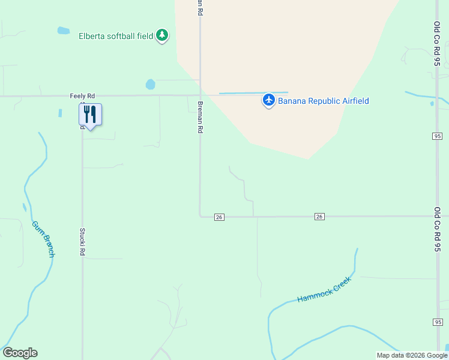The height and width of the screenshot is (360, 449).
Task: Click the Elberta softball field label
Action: (x=116, y=36)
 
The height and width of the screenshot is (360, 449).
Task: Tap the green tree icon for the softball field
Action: (x=162, y=35)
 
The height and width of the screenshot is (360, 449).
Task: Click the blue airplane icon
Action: (x=268, y=100)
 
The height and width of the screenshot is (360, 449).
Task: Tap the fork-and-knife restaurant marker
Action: (x=90, y=114)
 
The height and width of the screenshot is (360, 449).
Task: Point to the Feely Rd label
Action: (x=82, y=96)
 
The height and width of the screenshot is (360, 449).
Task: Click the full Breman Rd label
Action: (x=200, y=117)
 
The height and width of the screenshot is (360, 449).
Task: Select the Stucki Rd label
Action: (x=82, y=242)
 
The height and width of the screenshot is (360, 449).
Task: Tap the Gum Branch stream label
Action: (x=44, y=239)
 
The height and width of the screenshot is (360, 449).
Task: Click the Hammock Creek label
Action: (x=324, y=290)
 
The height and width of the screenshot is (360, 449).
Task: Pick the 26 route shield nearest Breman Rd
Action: (x=219, y=217)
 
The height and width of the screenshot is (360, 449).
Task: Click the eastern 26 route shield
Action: (x=319, y=217)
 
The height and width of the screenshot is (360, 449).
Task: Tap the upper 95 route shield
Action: (x=437, y=136)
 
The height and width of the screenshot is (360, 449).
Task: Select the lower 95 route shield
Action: (x=437, y=322)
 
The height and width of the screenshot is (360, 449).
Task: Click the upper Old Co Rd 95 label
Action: (x=438, y=44)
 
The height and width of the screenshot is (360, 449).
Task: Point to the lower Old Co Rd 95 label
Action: (x=438, y=229)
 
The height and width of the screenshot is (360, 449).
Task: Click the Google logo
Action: (x=20, y=353)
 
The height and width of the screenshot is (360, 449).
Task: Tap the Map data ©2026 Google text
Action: (x=412, y=355)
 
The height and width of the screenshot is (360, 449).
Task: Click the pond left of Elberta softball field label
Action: (x=63, y=31)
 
